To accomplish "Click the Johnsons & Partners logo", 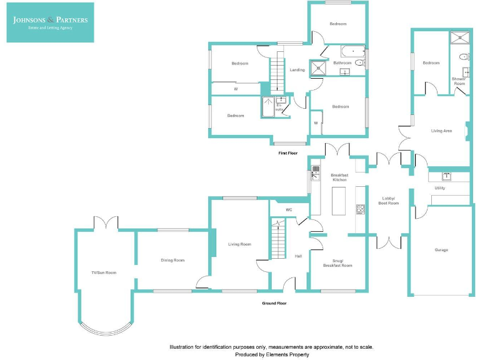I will click(50, 22).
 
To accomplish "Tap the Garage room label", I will click(441, 250).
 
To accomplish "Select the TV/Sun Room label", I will click(104, 272).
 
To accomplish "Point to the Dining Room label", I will click(172, 260).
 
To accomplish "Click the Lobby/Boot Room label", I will click(389, 201).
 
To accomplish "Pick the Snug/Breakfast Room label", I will click(337, 263).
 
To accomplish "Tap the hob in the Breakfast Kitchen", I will click(360, 208).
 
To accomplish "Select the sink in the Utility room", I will click(447, 176).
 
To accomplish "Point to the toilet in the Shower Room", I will click(464, 57).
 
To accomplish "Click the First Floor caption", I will click(288, 153).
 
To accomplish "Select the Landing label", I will click(297, 70).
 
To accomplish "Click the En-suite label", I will click(279, 107).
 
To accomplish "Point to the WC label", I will click(289, 210).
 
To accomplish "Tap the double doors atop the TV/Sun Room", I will click(105, 223).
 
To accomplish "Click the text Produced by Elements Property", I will click(272, 354).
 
